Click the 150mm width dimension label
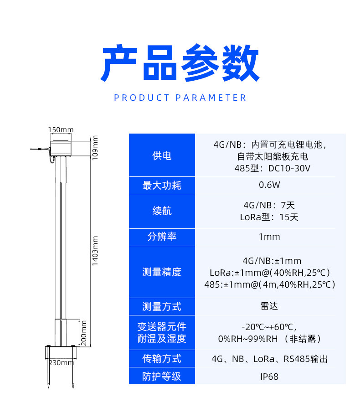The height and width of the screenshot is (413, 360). (61, 129)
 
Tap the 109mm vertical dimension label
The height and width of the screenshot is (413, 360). (95, 148)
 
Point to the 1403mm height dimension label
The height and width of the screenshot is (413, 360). (95, 251)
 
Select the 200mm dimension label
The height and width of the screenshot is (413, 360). (83, 333)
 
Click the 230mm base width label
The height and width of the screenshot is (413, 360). (61, 363)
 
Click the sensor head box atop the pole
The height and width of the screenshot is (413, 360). (61, 148)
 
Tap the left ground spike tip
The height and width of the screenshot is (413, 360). (48, 387)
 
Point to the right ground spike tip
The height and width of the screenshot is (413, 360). (73, 387)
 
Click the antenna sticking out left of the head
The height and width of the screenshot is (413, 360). (40, 150)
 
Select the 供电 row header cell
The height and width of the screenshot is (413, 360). (162, 155)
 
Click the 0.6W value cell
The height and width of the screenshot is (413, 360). (269, 185)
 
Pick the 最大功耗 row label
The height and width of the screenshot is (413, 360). (162, 186)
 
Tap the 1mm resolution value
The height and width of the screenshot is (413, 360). (269, 237)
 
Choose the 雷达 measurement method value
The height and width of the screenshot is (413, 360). (269, 306)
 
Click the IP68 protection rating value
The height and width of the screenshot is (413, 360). (269, 377)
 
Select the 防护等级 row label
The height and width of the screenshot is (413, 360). (162, 376)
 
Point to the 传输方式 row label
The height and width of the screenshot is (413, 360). (162, 358)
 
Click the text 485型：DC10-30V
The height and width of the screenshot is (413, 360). (273, 168)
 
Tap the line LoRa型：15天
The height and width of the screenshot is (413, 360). (269, 217)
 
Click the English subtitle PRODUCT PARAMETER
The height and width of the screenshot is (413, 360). (180, 98)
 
